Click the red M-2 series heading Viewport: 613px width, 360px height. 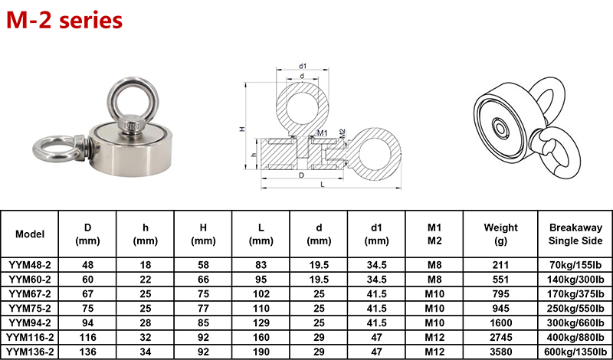[x=64, y=21]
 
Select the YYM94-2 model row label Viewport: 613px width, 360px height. [x=29, y=322]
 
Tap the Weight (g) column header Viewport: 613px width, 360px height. [x=500, y=234]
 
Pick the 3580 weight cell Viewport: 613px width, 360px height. [x=500, y=352]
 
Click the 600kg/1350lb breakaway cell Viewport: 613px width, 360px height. [x=575, y=352]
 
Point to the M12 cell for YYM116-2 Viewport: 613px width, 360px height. [x=434, y=337]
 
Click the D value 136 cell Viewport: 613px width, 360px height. [x=87, y=352]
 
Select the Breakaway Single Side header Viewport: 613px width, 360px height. [x=575, y=234]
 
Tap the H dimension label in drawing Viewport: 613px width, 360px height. [x=242, y=129]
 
